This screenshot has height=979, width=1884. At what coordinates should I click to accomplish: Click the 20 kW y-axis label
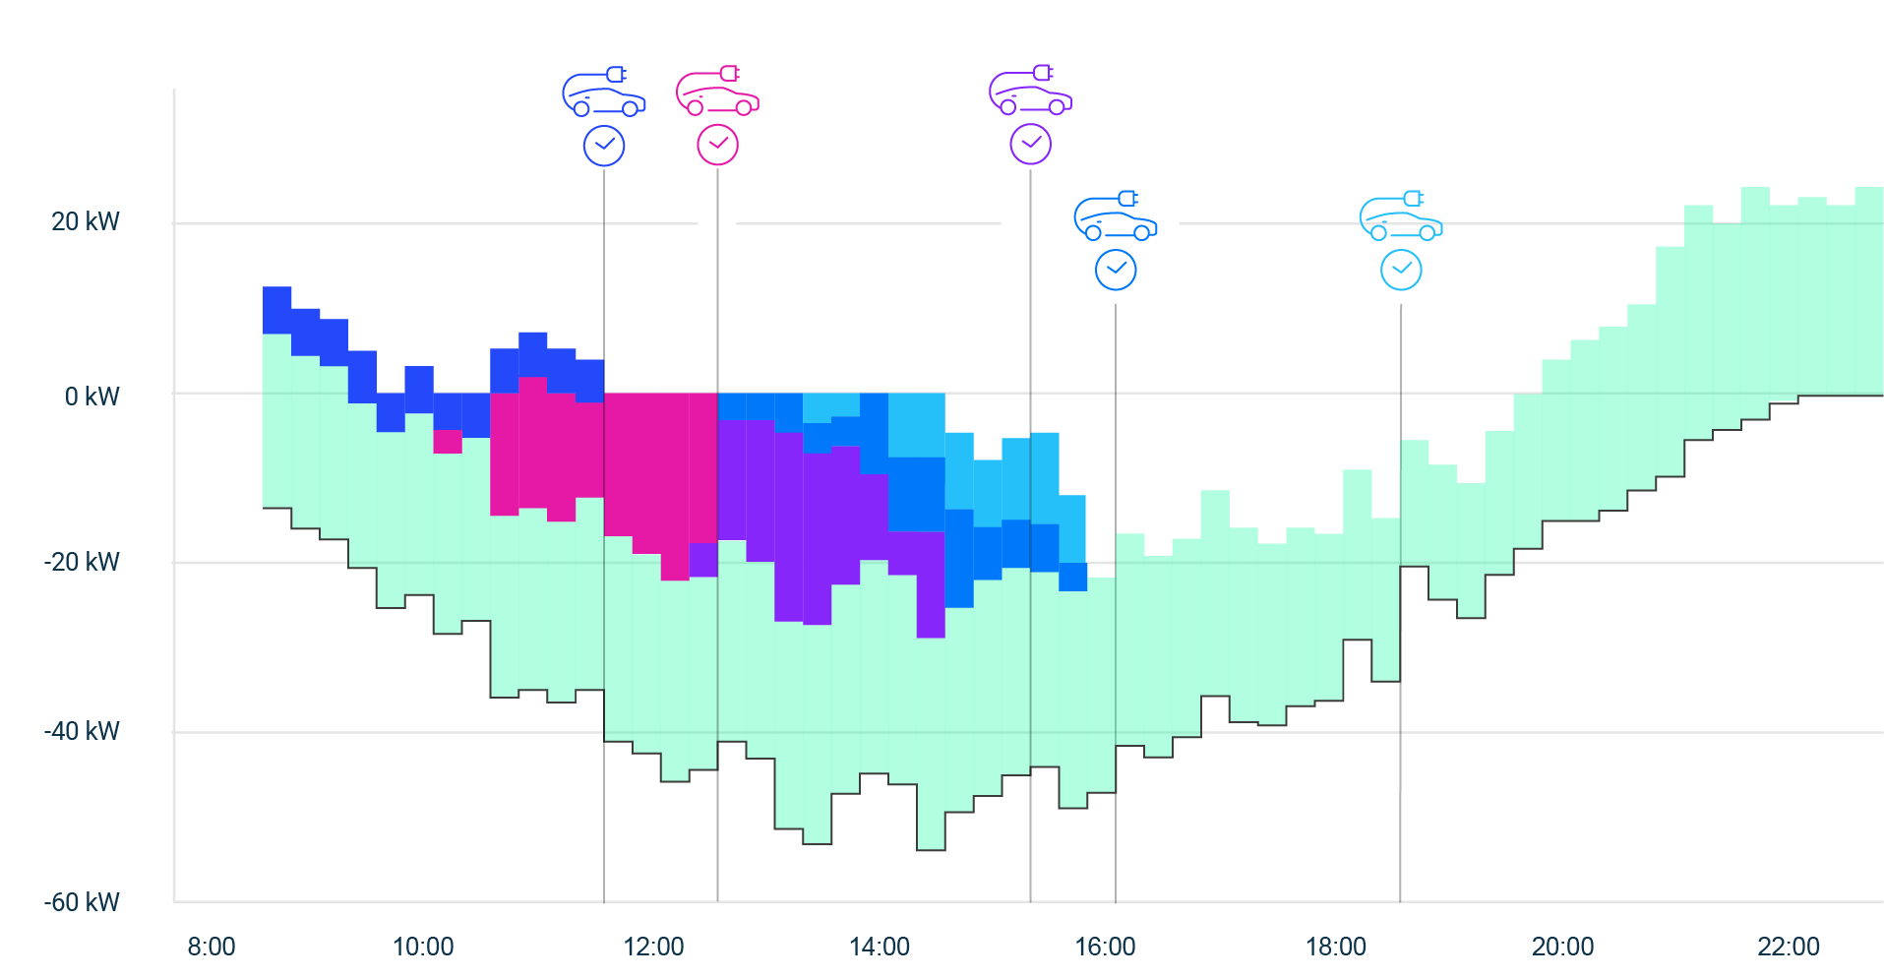(85, 221)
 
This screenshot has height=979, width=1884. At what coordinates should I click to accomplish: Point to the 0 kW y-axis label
(91, 397)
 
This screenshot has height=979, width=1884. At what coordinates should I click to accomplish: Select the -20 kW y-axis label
(82, 562)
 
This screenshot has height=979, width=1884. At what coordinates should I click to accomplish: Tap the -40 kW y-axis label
(82, 731)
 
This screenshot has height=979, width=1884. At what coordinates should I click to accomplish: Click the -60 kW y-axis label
(82, 902)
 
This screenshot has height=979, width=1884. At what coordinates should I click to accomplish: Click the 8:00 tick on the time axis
(211, 947)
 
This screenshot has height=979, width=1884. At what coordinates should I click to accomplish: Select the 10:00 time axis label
(423, 947)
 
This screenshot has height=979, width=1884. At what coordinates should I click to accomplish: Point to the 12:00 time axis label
(653, 947)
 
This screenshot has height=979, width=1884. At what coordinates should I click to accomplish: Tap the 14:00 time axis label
(879, 947)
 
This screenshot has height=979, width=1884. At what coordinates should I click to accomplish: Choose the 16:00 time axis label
(1105, 947)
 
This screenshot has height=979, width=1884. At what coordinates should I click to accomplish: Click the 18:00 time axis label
(1335, 947)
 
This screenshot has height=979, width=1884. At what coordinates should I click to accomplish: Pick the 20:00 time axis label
(1562, 947)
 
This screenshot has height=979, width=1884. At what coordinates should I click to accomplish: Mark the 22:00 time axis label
(1788, 947)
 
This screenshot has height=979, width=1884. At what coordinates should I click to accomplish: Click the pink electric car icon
(717, 92)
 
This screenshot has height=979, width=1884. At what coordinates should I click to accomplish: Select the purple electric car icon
(1030, 92)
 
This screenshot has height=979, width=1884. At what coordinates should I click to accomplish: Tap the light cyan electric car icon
(1401, 216)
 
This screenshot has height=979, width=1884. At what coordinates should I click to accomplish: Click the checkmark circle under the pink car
(718, 145)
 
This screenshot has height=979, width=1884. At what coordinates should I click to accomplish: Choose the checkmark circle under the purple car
(1030, 145)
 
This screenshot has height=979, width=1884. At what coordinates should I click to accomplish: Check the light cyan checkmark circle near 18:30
(1401, 270)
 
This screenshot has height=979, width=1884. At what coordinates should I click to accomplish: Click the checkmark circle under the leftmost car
(604, 146)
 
